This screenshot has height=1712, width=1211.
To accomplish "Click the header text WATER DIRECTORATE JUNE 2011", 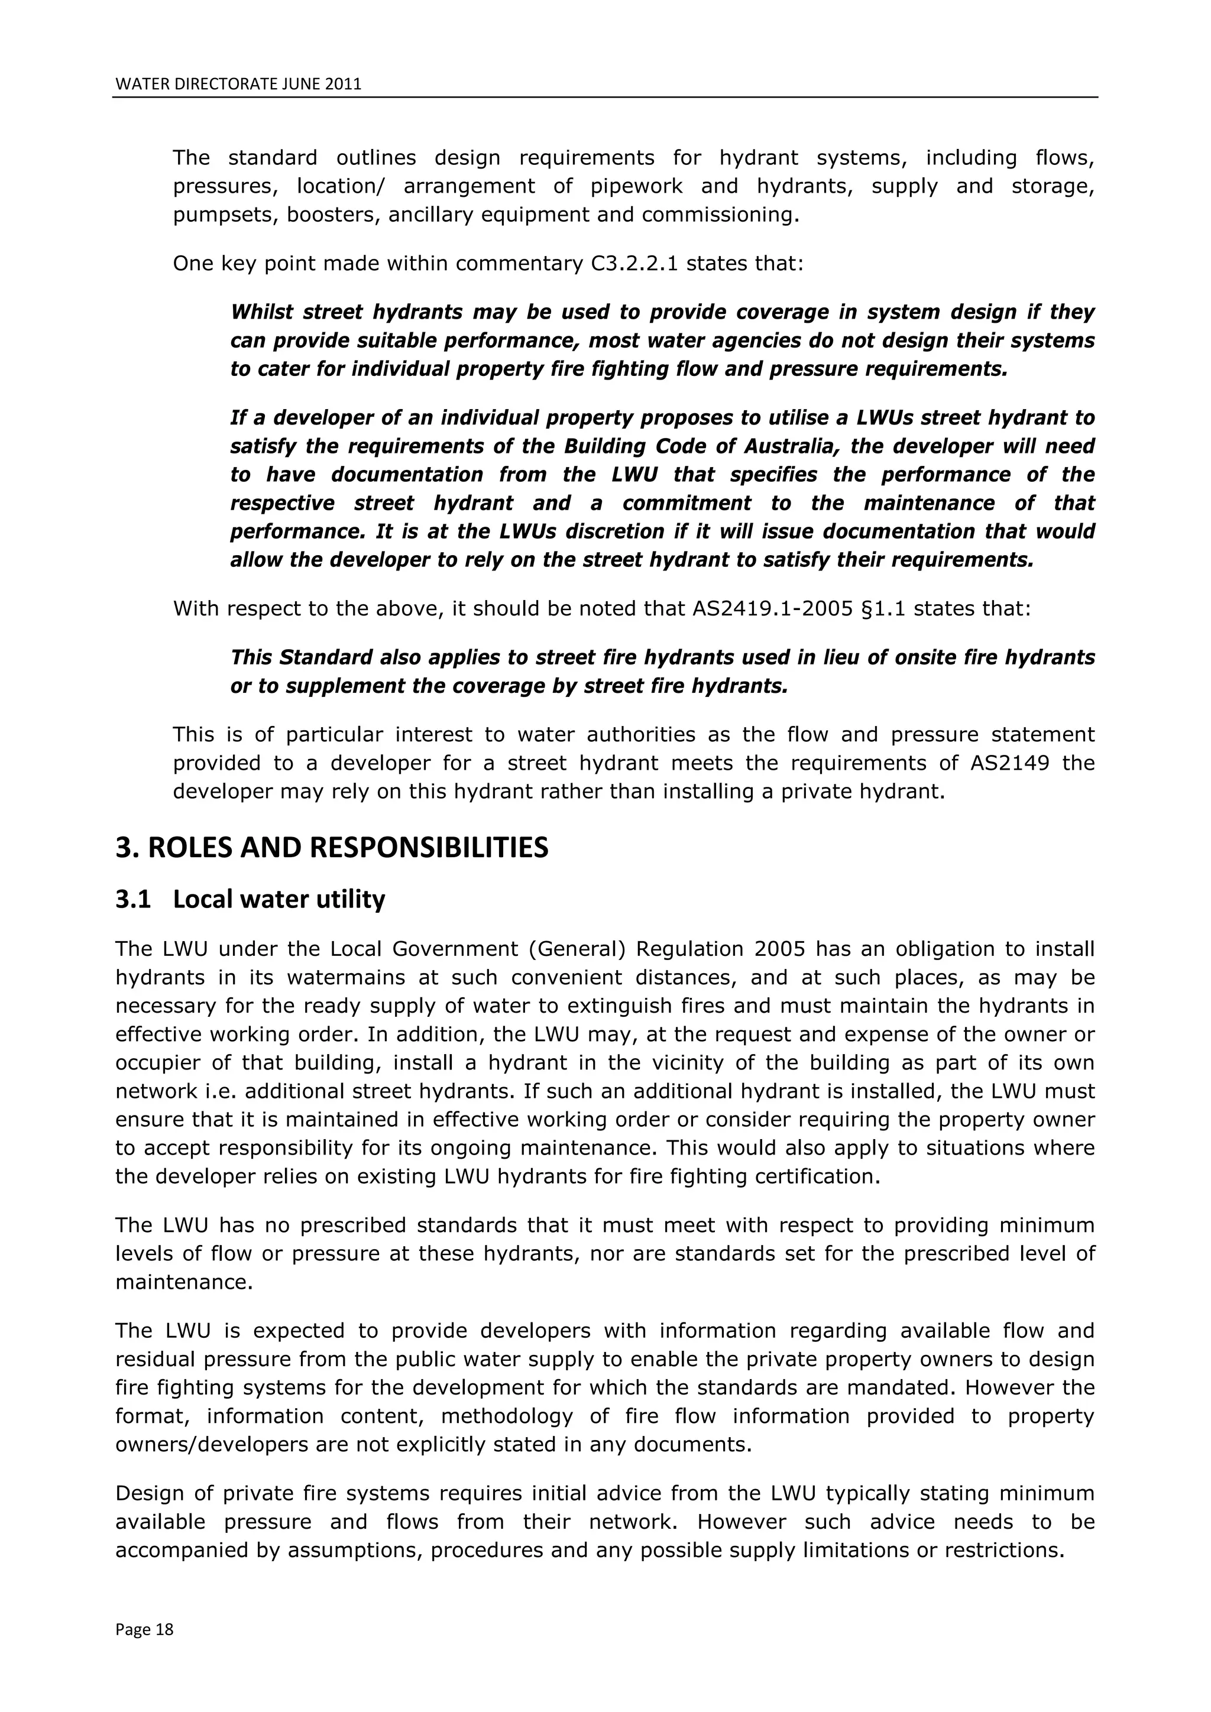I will pos(238,85).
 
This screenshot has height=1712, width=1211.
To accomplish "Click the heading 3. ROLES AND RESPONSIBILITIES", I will pos(332,848).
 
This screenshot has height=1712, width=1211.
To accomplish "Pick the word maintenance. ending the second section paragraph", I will pos(184,1282).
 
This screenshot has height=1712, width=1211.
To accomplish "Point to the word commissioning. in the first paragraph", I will pos(720,216).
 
